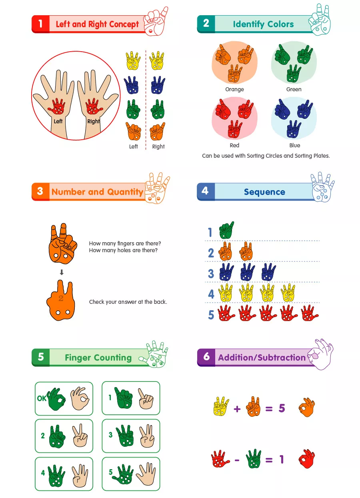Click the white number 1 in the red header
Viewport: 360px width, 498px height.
40,24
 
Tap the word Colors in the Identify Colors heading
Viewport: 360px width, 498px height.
280,24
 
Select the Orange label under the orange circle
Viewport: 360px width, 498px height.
234,89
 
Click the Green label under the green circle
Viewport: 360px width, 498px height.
294,89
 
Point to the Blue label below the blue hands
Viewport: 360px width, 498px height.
295,145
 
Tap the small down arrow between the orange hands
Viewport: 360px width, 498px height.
62,272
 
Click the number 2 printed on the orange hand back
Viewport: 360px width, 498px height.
61,298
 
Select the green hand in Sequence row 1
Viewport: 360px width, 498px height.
226,230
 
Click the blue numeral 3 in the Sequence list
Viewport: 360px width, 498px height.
211,273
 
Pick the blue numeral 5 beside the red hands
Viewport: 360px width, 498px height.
211,315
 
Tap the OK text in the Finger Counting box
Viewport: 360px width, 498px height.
42,398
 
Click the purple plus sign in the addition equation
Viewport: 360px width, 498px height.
237,409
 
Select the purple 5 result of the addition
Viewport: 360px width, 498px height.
282,408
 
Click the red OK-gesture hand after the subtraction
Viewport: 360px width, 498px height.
307,459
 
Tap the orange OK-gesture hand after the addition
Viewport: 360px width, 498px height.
307,407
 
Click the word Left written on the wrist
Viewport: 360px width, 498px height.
58,121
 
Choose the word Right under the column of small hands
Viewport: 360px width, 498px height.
158,147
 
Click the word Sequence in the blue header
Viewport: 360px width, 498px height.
264,192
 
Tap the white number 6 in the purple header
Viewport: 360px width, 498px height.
206,356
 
